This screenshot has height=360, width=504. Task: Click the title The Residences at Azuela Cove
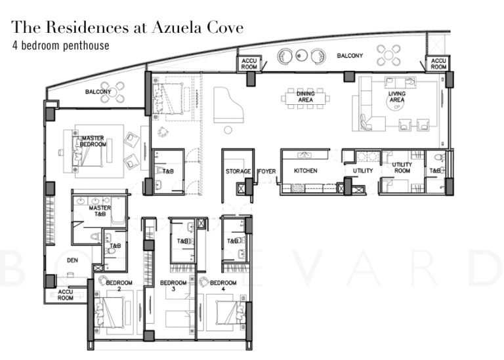coord(127,28)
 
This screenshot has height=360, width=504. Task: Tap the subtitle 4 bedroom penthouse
coord(60,46)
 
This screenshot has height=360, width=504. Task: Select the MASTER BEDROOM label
coord(93,141)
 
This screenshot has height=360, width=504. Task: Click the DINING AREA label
coord(305,96)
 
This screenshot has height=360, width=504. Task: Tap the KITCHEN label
coord(305,171)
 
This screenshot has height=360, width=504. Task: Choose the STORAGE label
coord(238,171)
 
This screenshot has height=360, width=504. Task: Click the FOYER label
coord(265,171)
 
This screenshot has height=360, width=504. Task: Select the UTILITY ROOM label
coord(402,168)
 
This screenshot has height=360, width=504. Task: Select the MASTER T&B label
coord(100,210)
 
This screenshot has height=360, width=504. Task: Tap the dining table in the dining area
coord(306,98)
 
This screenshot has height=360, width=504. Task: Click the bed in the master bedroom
coord(88,153)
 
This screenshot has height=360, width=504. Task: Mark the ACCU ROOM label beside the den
coord(66,294)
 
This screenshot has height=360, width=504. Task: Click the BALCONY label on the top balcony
coord(350,56)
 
